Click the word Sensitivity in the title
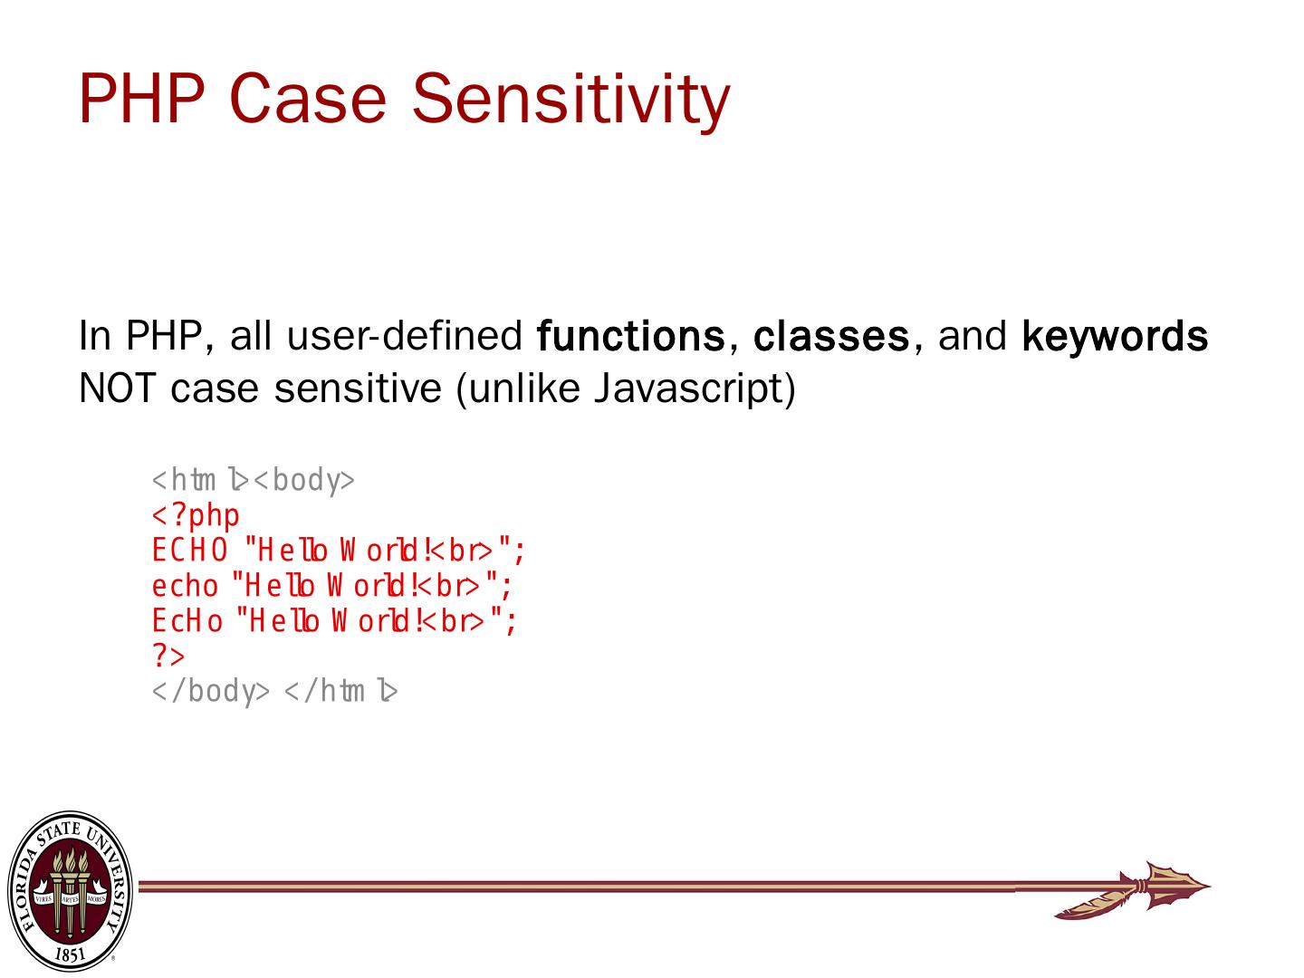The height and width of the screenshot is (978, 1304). (570, 100)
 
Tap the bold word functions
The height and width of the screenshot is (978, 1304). (630, 336)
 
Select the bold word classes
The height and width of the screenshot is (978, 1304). (831, 336)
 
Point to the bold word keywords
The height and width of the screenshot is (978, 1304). (1114, 337)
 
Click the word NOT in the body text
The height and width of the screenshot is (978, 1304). (117, 389)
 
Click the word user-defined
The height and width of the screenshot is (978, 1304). (405, 336)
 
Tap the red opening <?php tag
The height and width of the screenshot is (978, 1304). (196, 514)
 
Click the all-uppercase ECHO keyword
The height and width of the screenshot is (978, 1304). (190, 550)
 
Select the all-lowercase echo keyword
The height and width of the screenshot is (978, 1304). (186, 586)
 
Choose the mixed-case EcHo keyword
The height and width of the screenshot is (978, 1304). (187, 621)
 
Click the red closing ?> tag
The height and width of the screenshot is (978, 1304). (168, 657)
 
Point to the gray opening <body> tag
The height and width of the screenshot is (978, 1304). (304, 480)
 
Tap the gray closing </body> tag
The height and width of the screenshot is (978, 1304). (211, 691)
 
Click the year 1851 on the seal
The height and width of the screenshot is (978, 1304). (70, 954)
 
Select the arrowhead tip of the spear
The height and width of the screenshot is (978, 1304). (1210, 887)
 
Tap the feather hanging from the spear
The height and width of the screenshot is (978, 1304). (1096, 904)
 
